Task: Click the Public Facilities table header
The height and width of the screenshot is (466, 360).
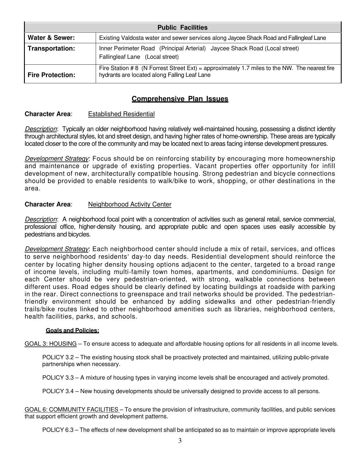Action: (x=182, y=27)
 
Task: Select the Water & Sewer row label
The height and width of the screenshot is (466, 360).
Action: (x=51, y=38)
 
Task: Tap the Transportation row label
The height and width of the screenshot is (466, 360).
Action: (x=51, y=48)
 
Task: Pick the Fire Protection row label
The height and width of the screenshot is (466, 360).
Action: (x=51, y=75)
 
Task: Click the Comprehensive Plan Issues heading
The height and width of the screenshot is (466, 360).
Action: (x=180, y=99)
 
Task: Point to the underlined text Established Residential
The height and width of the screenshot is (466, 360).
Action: (x=121, y=114)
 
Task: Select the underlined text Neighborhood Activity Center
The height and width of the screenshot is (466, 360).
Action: (x=130, y=204)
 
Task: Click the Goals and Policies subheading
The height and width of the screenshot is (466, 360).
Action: (x=72, y=330)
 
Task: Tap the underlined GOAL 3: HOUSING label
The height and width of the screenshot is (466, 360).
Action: (x=51, y=344)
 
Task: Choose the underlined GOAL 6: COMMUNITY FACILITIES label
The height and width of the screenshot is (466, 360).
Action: (x=72, y=410)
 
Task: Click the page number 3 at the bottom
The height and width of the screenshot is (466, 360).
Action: (x=180, y=441)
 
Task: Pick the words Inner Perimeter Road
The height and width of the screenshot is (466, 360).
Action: (x=127, y=48)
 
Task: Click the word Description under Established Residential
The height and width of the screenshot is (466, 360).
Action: (x=41, y=129)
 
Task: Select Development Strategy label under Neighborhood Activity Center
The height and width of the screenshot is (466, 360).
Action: (x=57, y=249)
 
